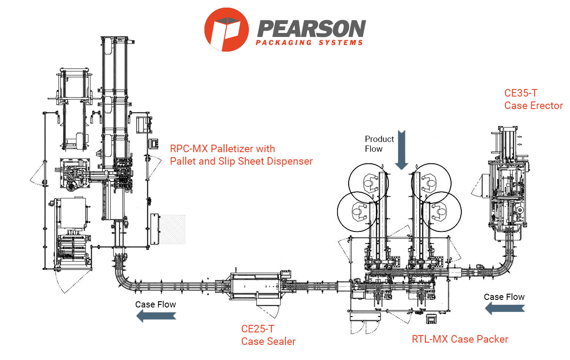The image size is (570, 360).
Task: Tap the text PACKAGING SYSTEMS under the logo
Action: (309, 43)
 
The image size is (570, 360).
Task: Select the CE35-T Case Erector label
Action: (533, 99)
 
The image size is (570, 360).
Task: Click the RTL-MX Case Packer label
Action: (460, 339)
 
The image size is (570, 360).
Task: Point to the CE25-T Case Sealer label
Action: (268, 335)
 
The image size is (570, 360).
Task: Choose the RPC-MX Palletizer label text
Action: (241, 154)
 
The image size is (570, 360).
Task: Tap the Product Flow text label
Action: (379, 144)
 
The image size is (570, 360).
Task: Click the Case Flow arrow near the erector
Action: (505, 308)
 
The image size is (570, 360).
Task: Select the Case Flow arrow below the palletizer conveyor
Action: (156, 316)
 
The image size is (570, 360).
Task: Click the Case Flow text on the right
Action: (504, 297)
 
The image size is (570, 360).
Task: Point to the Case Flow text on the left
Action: (156, 305)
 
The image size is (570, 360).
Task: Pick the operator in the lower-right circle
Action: (442, 210)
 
